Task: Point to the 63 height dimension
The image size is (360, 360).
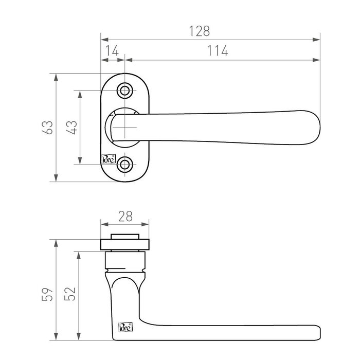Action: click(47, 128)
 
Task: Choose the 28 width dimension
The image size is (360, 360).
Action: click(125, 217)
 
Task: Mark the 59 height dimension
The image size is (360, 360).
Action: click(47, 295)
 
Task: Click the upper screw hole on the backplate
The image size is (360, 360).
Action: click(124, 91)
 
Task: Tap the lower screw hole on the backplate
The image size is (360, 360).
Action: click(124, 165)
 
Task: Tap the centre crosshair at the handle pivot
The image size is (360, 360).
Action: click(125, 127)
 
